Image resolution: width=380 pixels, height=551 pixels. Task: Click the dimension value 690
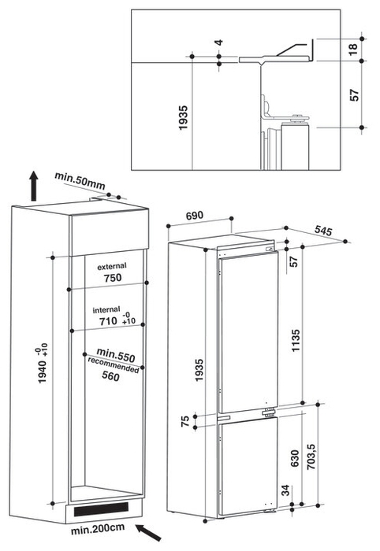tap(195, 215)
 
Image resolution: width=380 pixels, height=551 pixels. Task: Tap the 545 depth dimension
tap(323, 230)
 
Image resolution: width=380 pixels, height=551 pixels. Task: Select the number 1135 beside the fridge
tap(296, 340)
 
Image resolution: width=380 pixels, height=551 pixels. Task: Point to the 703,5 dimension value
tap(311, 457)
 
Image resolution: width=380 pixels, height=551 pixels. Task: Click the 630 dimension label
tap(295, 458)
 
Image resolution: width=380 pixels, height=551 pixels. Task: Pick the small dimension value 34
tap(285, 490)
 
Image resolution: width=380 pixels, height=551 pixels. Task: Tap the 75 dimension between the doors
tap(185, 420)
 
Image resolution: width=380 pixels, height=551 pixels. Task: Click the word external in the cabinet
tap(112, 266)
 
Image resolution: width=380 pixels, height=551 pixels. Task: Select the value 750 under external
tap(113, 278)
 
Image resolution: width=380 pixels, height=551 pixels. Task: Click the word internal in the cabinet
tap(106, 309)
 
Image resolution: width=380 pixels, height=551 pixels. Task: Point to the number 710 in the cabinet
tap(108, 321)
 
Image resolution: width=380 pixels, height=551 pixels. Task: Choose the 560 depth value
tap(111, 376)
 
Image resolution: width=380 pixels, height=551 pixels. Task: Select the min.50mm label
tap(80, 180)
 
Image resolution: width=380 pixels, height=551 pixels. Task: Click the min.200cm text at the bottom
tap(98, 529)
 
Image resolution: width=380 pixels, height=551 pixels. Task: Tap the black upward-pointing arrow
tap(33, 186)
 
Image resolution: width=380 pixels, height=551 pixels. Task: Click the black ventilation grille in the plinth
tap(101, 508)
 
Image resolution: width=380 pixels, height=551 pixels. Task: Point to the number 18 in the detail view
tap(353, 49)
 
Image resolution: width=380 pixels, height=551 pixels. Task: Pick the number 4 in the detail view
tap(219, 43)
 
